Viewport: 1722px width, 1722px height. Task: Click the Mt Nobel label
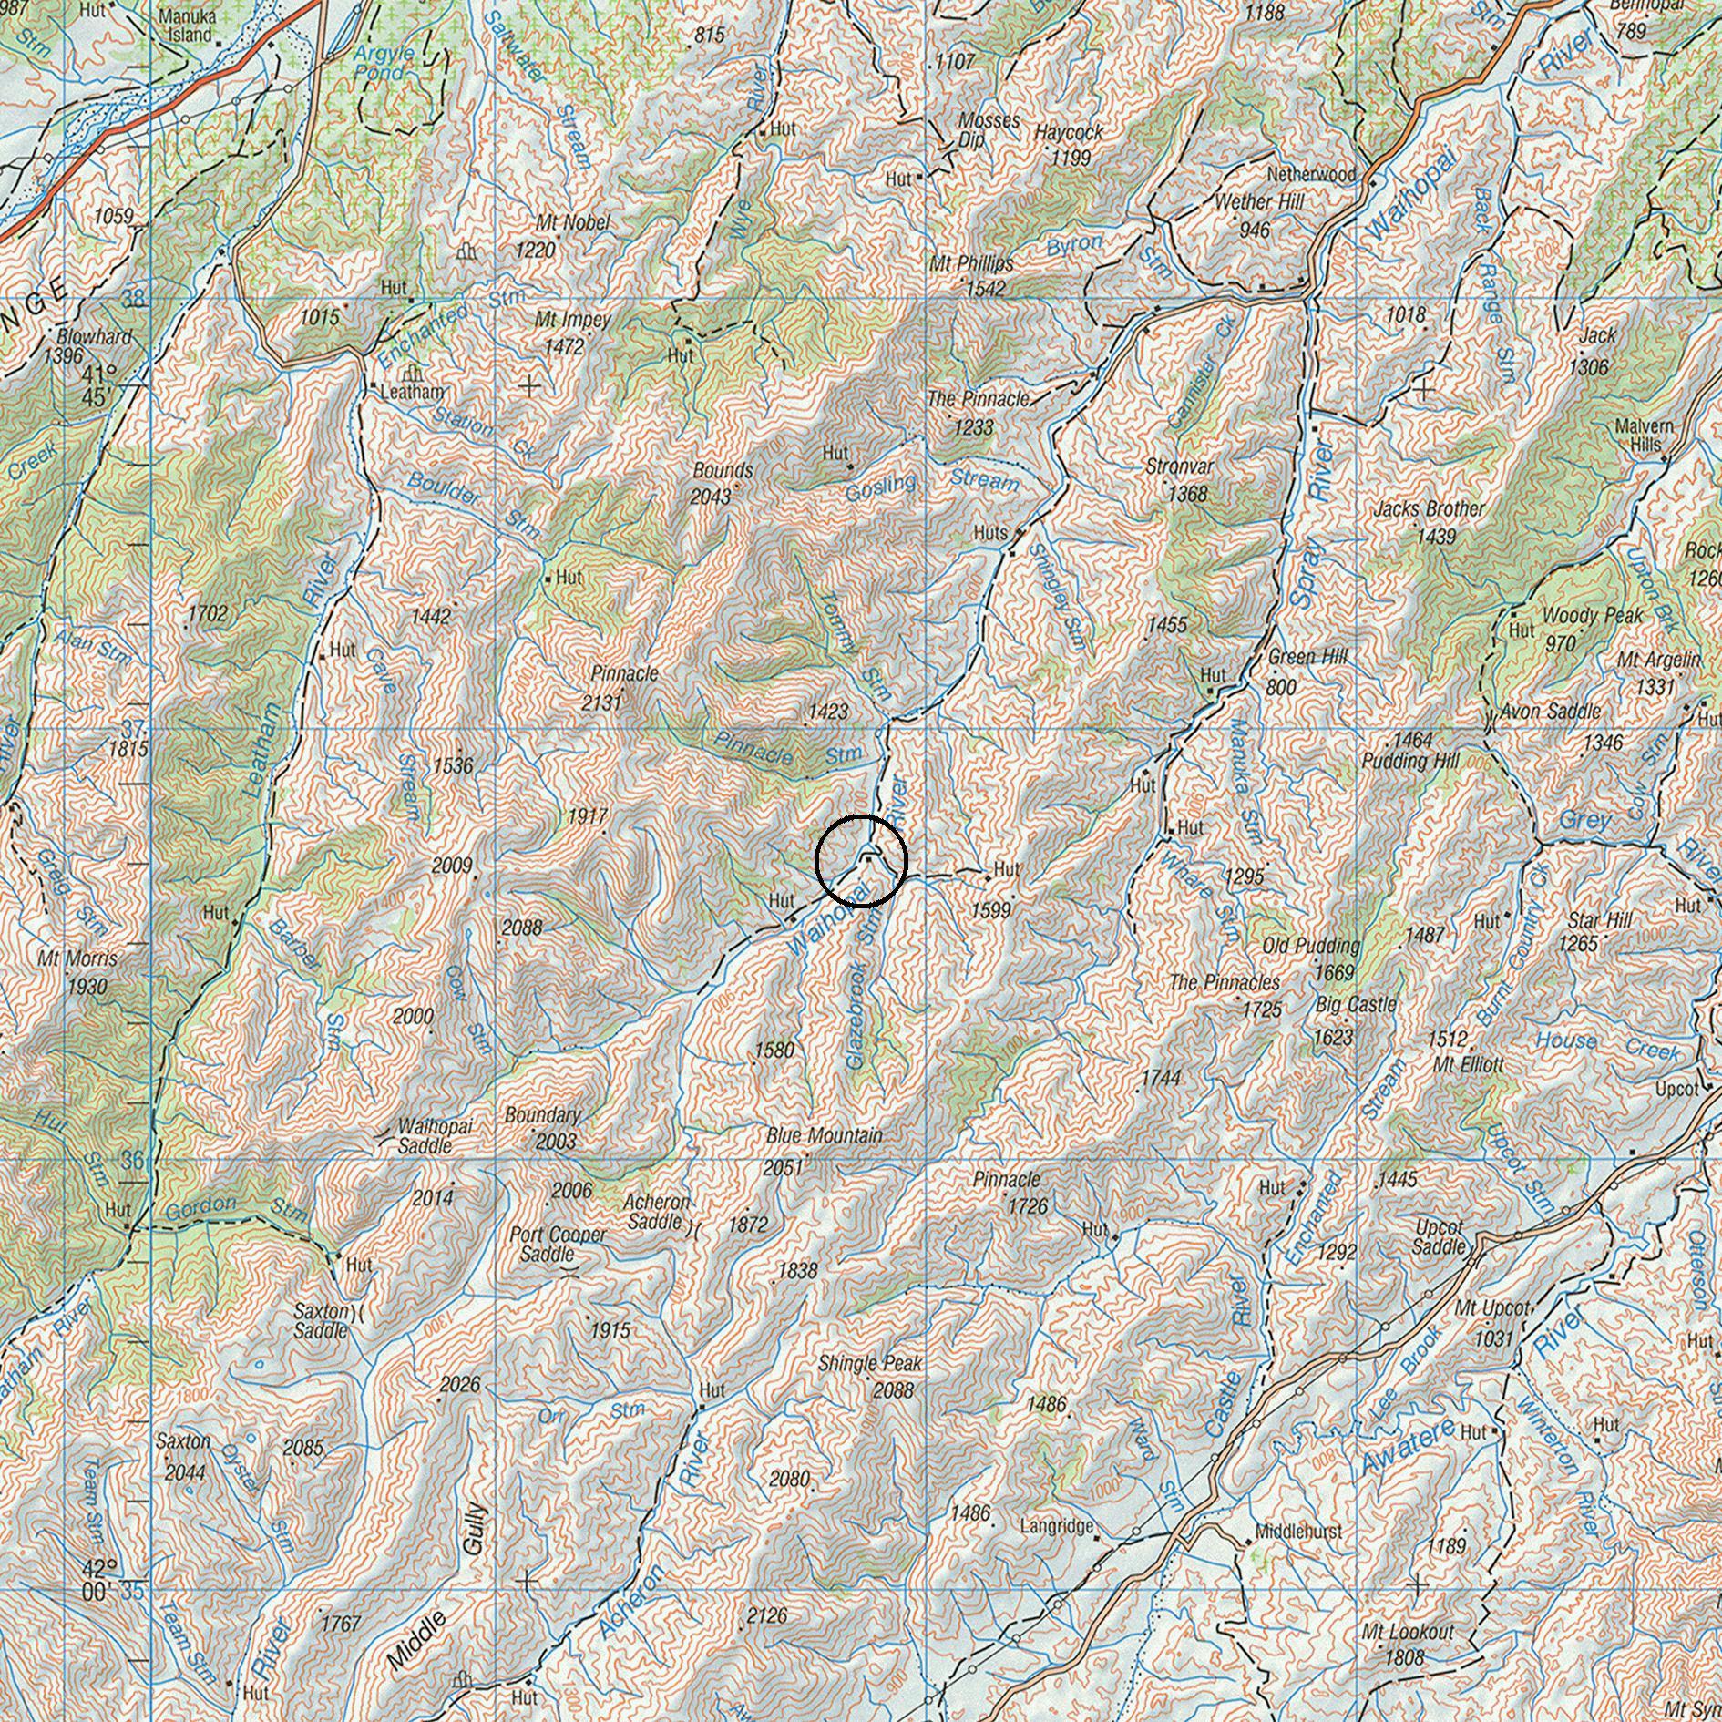[573, 222]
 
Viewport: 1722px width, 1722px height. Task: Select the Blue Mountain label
[824, 1136]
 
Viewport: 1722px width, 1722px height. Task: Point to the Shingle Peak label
[870, 1364]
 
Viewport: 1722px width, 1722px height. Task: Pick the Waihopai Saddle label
[435, 1135]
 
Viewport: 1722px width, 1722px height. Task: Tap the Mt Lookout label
[1408, 1632]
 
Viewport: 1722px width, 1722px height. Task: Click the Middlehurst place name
[1298, 1532]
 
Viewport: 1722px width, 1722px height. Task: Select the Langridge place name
[1056, 1525]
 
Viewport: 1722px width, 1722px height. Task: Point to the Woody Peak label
[1592, 617]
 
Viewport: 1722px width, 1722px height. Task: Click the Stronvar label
[1180, 466]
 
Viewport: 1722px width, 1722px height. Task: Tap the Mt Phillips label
[971, 264]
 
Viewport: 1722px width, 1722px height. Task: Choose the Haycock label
[1069, 132]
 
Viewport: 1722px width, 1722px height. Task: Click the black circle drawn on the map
[861, 861]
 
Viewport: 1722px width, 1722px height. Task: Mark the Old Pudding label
[1311, 947]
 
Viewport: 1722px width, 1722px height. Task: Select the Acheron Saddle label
[656, 1213]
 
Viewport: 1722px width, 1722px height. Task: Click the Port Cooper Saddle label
[558, 1244]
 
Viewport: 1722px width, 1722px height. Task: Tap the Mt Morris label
[77, 959]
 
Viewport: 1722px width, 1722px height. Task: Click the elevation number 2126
[766, 1616]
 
